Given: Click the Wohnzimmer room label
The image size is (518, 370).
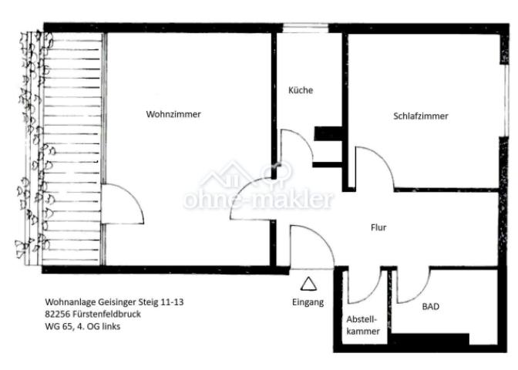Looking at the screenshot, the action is pyautogui.click(x=173, y=114).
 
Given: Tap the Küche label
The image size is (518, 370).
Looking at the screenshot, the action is pyautogui.click(x=301, y=90).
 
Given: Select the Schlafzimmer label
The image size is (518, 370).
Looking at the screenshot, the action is pyautogui.click(x=421, y=116).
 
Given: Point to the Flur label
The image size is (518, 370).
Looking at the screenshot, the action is pyautogui.click(x=378, y=227).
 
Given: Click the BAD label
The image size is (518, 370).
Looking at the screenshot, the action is pyautogui.click(x=431, y=307).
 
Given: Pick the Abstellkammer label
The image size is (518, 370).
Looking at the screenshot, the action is pyautogui.click(x=362, y=325).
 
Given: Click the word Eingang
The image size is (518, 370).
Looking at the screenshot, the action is pyautogui.click(x=308, y=302).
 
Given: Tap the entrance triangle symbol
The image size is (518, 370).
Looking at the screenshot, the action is pyautogui.click(x=308, y=284).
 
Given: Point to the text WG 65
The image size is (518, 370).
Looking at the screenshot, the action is pyautogui.click(x=55, y=326).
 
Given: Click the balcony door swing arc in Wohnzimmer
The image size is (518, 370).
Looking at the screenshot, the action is pyautogui.click(x=132, y=196).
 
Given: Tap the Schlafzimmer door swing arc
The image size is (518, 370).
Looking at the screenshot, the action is pyautogui.click(x=383, y=158).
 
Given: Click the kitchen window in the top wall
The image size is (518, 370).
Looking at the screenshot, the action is pyautogui.click(x=305, y=28).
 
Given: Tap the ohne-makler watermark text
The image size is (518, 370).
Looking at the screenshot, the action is pyautogui.click(x=258, y=199).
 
